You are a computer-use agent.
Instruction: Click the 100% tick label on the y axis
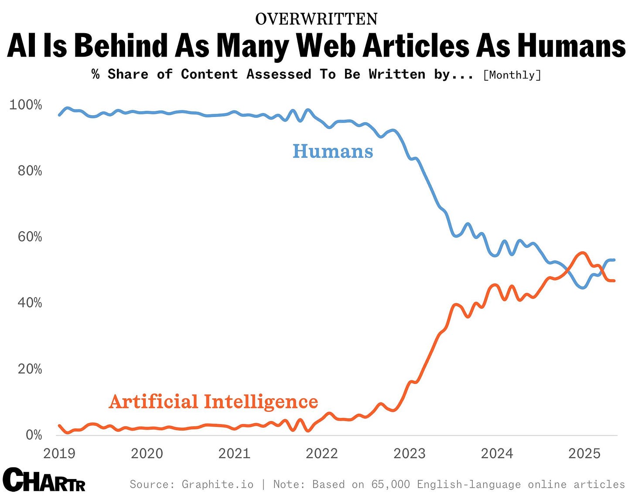click(x=26, y=105)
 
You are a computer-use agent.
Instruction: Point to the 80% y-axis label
click(x=30, y=171)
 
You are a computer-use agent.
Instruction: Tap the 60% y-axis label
click(x=30, y=237)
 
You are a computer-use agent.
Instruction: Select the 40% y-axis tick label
click(x=30, y=303)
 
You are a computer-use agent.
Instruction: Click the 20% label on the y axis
click(x=30, y=369)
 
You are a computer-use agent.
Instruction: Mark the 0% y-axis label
click(x=34, y=435)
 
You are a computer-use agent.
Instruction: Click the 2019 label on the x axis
click(x=59, y=453)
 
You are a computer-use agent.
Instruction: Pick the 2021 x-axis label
click(x=234, y=453)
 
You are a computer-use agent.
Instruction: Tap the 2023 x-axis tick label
click(x=409, y=453)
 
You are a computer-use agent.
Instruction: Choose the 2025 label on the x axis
click(x=584, y=453)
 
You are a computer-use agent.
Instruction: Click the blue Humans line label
click(x=332, y=151)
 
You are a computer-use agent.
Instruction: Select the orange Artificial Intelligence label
click(x=213, y=401)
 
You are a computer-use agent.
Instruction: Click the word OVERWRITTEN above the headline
click(x=316, y=19)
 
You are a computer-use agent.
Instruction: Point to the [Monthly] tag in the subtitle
click(x=512, y=75)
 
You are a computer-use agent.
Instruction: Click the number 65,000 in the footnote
click(x=391, y=484)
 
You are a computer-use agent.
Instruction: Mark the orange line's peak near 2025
click(x=582, y=253)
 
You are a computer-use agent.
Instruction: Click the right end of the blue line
click(x=614, y=260)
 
